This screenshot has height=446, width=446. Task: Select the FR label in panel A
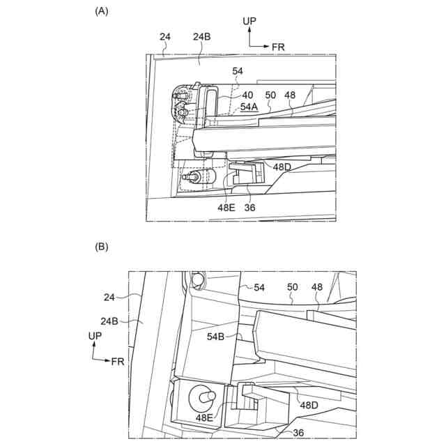pyautogui.click(x=278, y=47)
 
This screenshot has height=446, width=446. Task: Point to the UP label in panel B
pyautogui.click(x=96, y=336)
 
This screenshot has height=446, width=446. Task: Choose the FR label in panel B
pyautogui.click(x=117, y=361)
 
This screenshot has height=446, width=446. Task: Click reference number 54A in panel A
pyautogui.click(x=249, y=107)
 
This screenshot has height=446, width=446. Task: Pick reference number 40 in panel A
pyautogui.click(x=247, y=95)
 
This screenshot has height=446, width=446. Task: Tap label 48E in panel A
pyautogui.click(x=226, y=207)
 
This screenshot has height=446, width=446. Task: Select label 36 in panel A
pyautogui.click(x=249, y=207)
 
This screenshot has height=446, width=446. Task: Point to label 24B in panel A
pyautogui.click(x=201, y=36)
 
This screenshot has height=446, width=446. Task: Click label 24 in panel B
pyautogui.click(x=110, y=296)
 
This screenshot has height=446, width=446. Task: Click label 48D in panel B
pyautogui.click(x=309, y=404)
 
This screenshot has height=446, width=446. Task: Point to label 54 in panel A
pyautogui.click(x=238, y=72)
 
